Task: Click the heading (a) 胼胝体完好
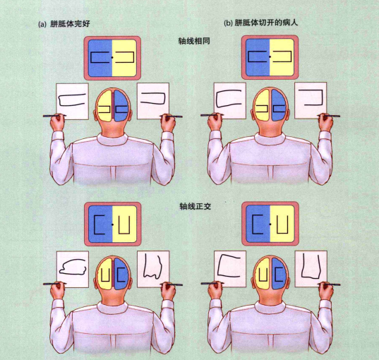point(64,24)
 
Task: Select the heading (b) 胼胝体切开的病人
point(261,23)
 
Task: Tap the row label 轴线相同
point(194,41)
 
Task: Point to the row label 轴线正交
point(195,206)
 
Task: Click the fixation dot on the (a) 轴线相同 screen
point(112,57)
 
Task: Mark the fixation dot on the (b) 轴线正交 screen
point(270,224)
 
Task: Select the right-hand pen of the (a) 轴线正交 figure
point(171,284)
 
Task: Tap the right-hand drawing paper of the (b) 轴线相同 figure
point(311,100)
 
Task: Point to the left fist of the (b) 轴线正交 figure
point(215,291)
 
